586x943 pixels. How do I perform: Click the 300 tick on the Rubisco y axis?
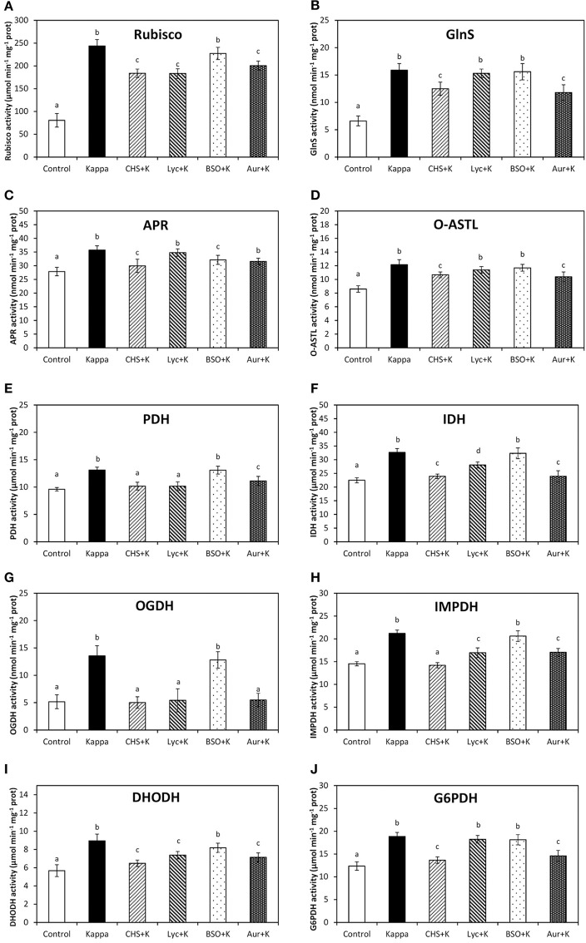[x=31, y=20]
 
